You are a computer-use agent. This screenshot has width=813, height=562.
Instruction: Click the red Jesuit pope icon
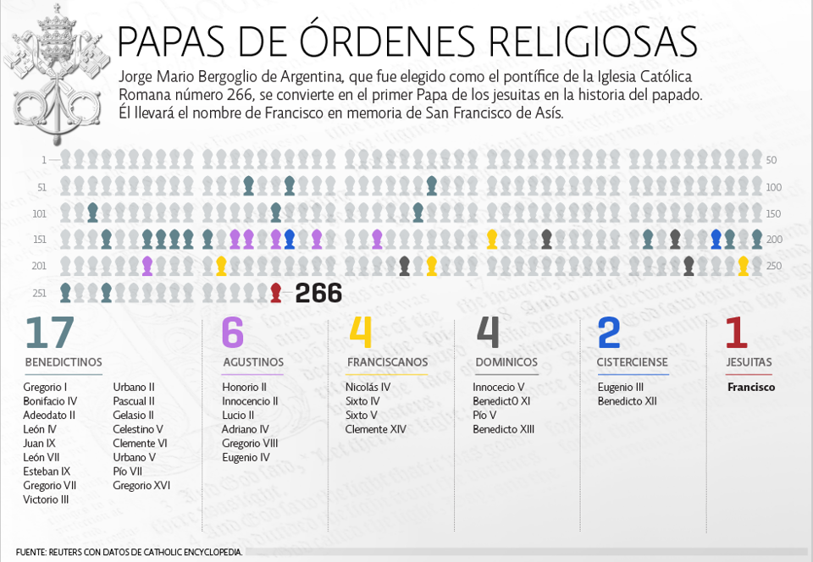(x=275, y=293)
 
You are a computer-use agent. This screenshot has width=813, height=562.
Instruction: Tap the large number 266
(x=318, y=294)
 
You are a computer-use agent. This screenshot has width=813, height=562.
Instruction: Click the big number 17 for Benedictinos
(x=50, y=333)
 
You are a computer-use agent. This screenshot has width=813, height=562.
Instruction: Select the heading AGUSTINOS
(x=253, y=362)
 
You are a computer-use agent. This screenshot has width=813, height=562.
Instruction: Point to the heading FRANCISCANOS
(x=387, y=362)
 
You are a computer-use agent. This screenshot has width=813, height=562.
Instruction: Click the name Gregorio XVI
(x=141, y=485)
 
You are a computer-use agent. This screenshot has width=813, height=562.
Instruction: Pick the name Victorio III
(x=46, y=499)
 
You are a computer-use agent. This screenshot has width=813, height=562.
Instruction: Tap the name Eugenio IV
(x=246, y=457)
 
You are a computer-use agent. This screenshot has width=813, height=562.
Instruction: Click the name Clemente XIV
(x=375, y=429)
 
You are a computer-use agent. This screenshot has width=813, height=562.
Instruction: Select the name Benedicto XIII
(x=503, y=429)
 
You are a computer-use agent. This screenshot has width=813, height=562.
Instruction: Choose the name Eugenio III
(x=621, y=387)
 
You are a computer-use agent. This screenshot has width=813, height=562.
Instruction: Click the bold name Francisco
(x=751, y=388)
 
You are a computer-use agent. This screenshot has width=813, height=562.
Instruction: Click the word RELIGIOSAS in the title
(x=584, y=42)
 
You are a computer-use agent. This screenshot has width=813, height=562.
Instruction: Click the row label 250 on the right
(x=772, y=266)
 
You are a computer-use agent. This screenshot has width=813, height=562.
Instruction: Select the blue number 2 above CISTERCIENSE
(x=609, y=333)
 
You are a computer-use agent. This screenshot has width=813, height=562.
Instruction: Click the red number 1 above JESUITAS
(x=736, y=333)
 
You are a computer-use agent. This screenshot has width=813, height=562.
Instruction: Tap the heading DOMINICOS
(x=506, y=362)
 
